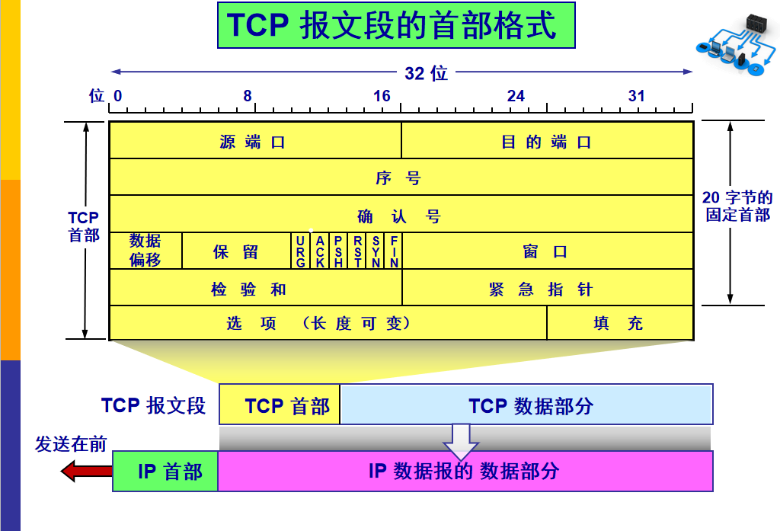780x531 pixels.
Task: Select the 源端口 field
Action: pyautogui.click(x=255, y=142)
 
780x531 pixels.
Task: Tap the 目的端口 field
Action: pyautogui.click(x=547, y=142)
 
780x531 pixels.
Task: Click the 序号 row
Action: pyautogui.click(x=401, y=178)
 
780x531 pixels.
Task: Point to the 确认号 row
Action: pyautogui.click(x=401, y=216)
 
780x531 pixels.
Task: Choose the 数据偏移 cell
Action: pyautogui.click(x=145, y=251)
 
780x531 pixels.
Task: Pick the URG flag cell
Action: pyautogui.click(x=301, y=251)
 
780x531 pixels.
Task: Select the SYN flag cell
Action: pyautogui.click(x=376, y=251)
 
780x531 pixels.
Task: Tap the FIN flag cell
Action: pyautogui.click(x=395, y=251)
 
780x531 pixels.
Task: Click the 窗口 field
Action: pyautogui.click(x=547, y=251)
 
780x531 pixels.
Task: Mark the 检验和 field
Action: pyautogui.click(x=255, y=289)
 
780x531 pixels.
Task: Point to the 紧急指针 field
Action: pyautogui.click(x=547, y=289)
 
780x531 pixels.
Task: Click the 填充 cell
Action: pyautogui.click(x=619, y=323)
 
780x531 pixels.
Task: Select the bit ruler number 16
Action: pyautogui.click(x=382, y=96)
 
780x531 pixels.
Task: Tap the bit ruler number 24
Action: pyautogui.click(x=516, y=96)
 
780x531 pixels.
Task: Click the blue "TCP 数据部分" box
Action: pyautogui.click(x=526, y=405)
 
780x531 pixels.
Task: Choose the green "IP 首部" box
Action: pyautogui.click(x=166, y=472)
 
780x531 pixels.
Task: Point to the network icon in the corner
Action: pyautogui.click(x=734, y=46)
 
